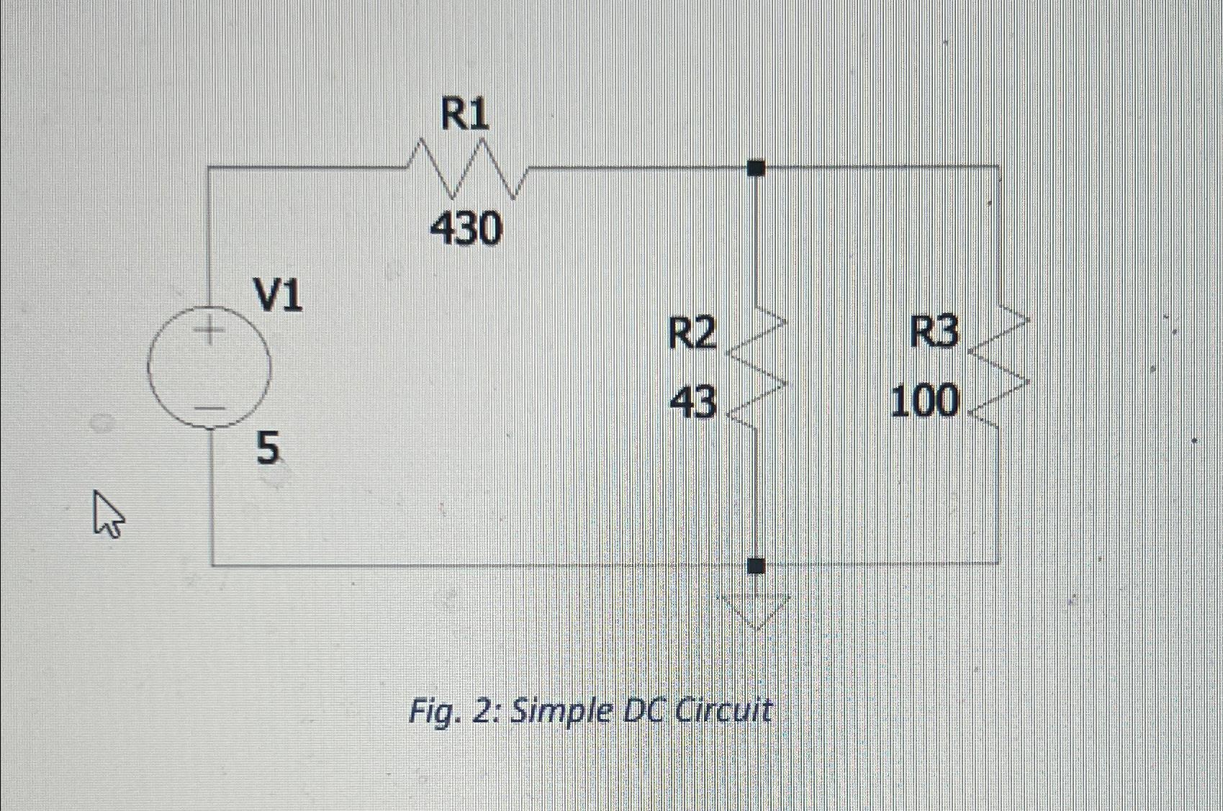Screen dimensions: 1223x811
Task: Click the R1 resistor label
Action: pos(465,115)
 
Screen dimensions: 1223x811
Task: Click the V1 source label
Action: pos(278,296)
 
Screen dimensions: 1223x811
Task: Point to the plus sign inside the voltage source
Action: pos(209,332)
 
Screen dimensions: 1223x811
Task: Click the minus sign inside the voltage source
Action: pos(209,409)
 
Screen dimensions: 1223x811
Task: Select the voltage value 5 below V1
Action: pos(267,449)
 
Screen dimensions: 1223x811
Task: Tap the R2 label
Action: pos(692,334)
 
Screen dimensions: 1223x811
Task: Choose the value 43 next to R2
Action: pos(693,402)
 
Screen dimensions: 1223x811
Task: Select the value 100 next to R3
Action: pos(925,401)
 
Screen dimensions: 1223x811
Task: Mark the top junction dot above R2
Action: pos(756,168)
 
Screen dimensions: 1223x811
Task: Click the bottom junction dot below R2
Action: pos(756,566)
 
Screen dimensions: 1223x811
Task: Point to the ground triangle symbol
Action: pos(756,609)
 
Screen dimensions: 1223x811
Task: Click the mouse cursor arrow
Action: pos(107,513)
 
